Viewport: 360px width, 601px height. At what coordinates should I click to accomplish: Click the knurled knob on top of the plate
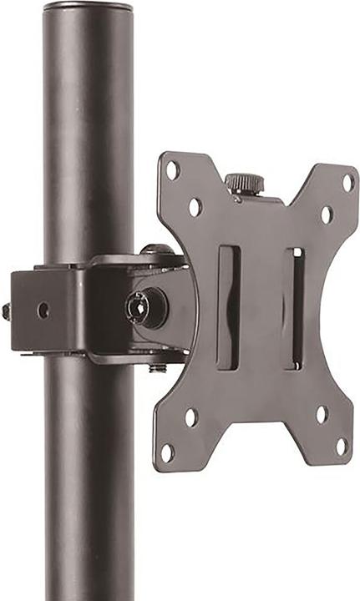pos(245,183)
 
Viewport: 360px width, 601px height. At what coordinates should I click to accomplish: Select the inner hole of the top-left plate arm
pos(195,205)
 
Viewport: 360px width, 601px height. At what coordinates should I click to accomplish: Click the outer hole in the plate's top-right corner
pos(347,179)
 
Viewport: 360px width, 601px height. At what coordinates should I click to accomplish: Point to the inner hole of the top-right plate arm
pos(326,214)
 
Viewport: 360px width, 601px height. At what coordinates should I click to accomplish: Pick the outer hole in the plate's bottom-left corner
pos(168,451)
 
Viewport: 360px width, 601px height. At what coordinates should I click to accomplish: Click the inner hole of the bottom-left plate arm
pos(191,417)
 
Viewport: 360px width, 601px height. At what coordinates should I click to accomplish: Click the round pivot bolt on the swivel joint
pos(139,307)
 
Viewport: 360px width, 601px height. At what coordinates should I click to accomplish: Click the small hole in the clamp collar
pos(43,310)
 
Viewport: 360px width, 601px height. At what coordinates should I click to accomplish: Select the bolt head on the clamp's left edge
pos(6,311)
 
